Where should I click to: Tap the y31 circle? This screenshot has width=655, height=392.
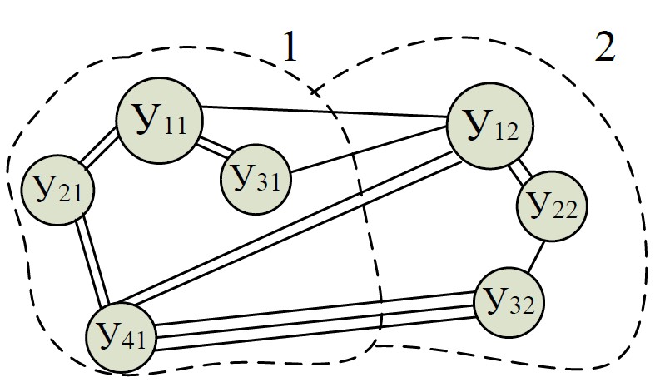(x=256, y=178)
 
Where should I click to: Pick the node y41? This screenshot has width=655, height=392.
(x=122, y=335)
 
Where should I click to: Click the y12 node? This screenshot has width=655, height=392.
(x=489, y=127)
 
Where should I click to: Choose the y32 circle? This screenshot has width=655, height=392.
(x=509, y=300)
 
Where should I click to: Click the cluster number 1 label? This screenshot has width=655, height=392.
(x=289, y=50)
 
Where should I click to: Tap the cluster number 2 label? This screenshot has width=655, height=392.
(x=605, y=49)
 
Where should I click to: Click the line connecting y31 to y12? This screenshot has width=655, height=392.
(x=370, y=155)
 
